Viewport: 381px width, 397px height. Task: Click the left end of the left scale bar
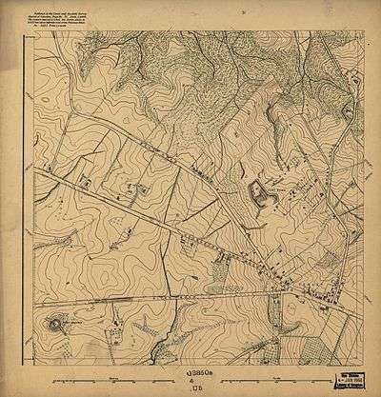pos(55,379)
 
